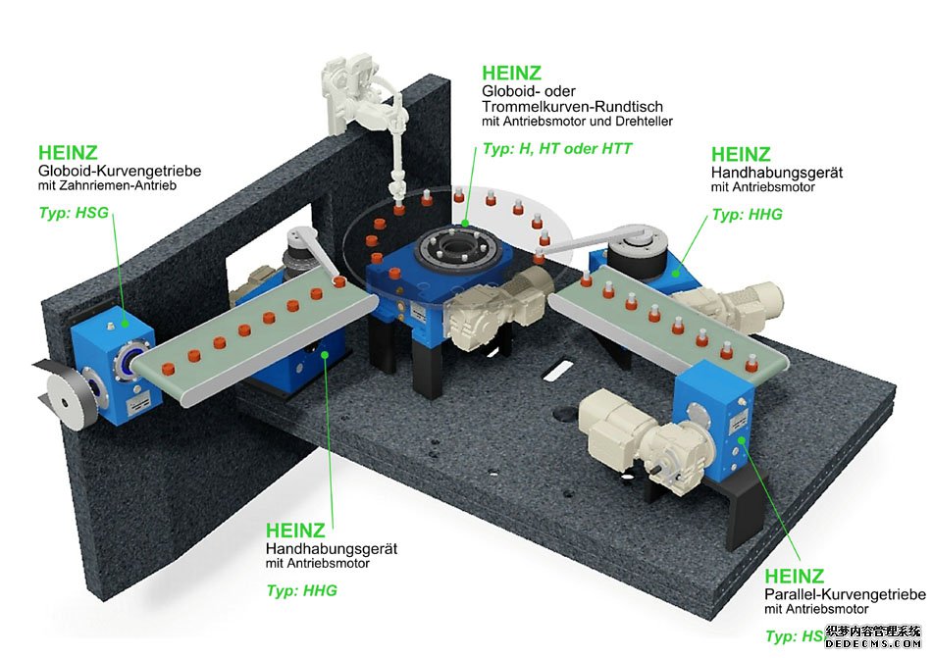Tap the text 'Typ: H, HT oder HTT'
[x=557, y=149]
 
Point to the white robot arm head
[x=350, y=93]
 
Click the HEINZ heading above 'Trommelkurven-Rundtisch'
[x=511, y=73]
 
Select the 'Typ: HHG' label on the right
[x=748, y=214]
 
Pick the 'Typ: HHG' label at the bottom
[x=302, y=590]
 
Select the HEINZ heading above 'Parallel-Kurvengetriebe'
[x=794, y=577]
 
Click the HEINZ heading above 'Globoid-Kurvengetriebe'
[x=68, y=153]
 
